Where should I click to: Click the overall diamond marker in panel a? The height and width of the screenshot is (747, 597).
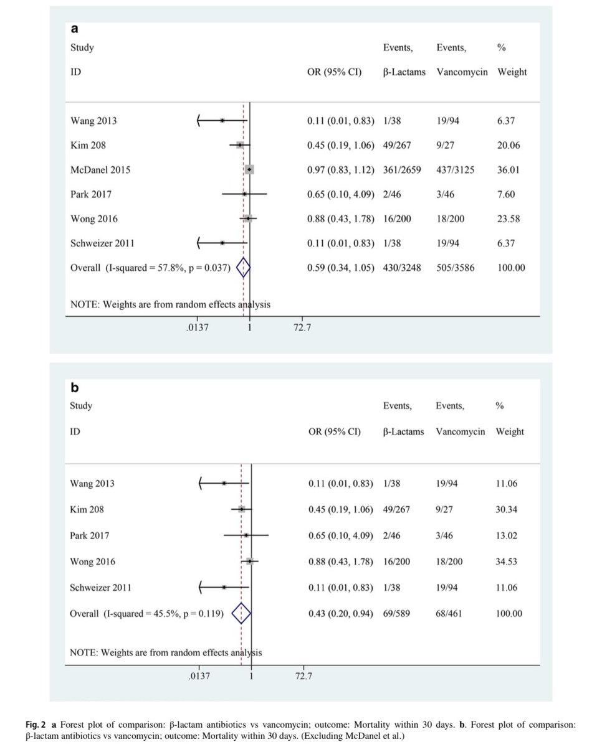click(243, 268)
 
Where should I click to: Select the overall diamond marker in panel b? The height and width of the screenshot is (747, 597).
click(241, 614)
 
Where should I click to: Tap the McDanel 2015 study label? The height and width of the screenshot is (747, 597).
click(100, 169)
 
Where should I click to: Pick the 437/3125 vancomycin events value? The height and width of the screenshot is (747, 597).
click(455, 169)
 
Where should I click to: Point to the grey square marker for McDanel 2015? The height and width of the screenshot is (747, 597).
click(249, 169)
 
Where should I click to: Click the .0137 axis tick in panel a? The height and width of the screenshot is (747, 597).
click(198, 327)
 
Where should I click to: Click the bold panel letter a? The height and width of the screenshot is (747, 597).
click(74, 28)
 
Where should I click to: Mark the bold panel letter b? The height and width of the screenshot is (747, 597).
click(74, 387)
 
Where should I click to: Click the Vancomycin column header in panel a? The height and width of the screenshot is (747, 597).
click(462, 72)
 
